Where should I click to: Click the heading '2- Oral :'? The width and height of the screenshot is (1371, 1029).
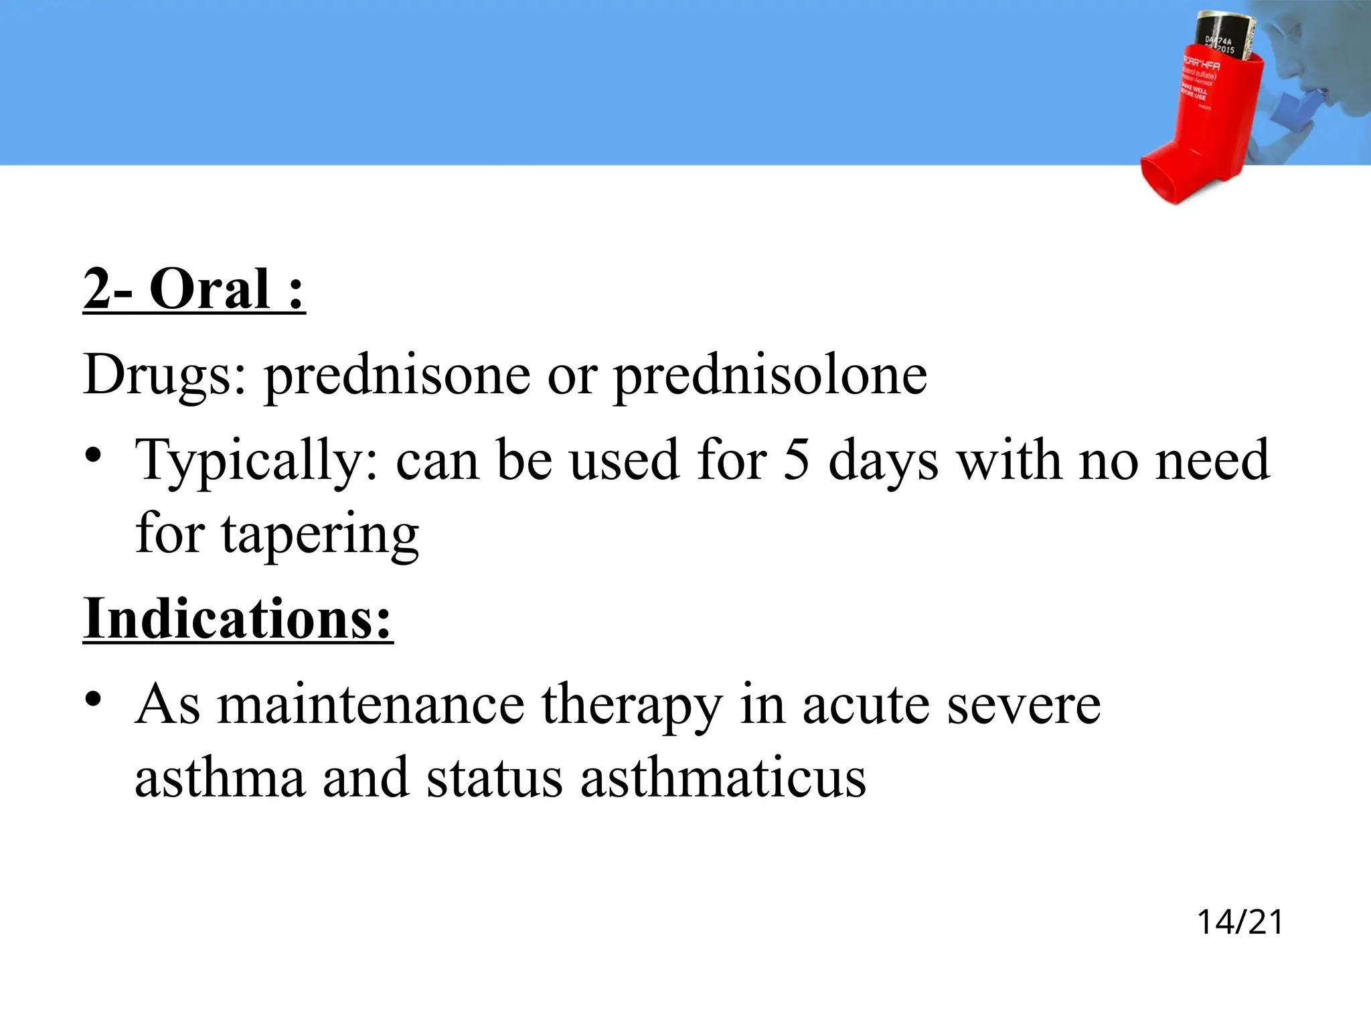coord(194,290)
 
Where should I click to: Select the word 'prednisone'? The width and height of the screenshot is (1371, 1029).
coord(397,375)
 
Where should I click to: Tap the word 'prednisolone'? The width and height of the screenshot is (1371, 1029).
coord(771,375)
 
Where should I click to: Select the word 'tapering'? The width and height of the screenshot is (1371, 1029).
coord(320,535)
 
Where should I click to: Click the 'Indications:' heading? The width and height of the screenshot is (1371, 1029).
coord(238,618)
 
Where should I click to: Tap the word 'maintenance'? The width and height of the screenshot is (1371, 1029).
coord(371,705)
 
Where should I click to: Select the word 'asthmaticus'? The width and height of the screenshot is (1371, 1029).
coord(723,778)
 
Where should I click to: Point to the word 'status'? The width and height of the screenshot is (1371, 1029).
coord(494,778)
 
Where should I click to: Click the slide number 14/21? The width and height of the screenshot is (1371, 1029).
coord(1240,922)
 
